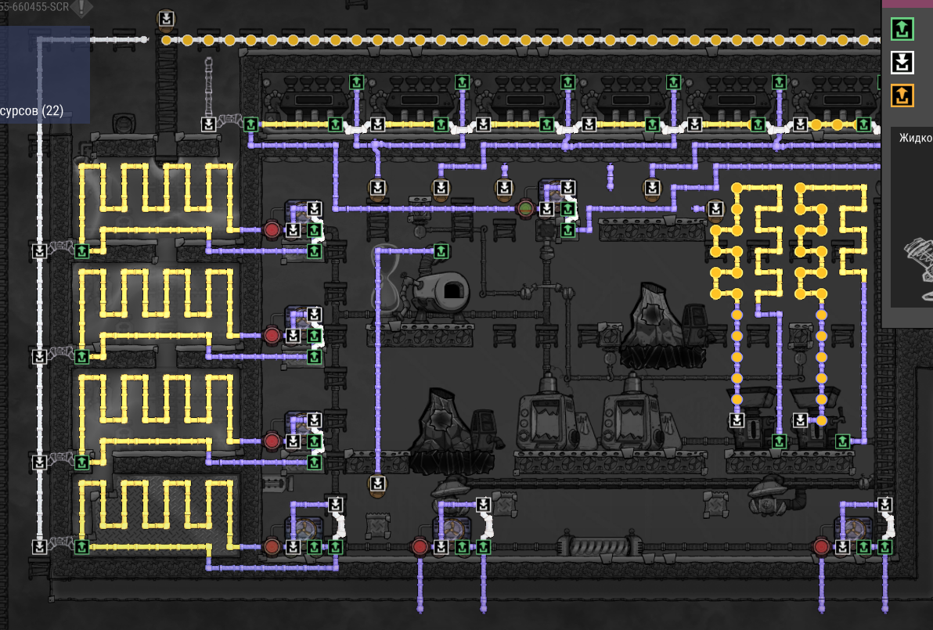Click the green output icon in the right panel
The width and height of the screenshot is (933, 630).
click(902, 30)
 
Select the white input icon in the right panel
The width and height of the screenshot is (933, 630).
click(902, 63)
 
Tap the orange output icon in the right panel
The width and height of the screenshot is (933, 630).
click(902, 96)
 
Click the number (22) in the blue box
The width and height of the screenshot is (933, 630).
click(53, 110)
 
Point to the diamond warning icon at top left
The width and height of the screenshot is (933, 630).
click(81, 8)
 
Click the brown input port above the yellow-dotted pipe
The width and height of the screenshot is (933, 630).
click(167, 19)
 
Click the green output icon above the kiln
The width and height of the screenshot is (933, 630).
click(441, 250)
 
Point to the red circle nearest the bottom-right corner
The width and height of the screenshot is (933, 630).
click(821, 546)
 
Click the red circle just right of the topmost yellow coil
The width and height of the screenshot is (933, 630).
click(272, 230)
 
